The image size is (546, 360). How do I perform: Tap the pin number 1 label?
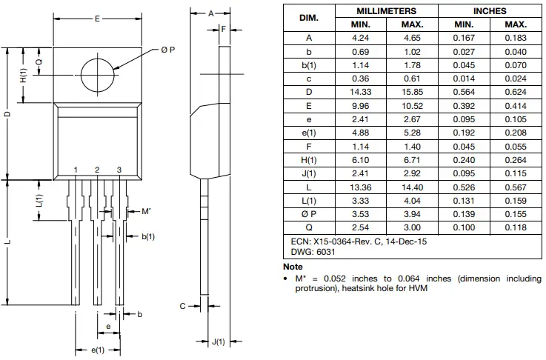(x=76, y=170)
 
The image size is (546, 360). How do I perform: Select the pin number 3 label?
(x=119, y=170)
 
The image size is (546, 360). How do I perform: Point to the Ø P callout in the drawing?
(x=167, y=50)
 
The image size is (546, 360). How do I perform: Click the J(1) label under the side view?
(x=218, y=341)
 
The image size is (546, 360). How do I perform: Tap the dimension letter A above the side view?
(x=210, y=13)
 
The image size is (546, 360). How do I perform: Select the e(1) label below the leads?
(x=98, y=350)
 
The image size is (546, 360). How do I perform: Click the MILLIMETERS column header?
(x=386, y=11)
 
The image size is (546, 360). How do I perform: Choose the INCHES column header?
(x=490, y=11)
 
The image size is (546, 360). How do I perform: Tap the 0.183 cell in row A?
(x=516, y=38)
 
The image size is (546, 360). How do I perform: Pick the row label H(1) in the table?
(x=309, y=159)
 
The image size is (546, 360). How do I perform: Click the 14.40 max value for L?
(x=412, y=187)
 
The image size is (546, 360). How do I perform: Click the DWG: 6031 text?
(x=307, y=252)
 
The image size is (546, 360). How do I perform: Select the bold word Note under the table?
(x=293, y=266)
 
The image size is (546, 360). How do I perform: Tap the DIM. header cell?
(x=309, y=18)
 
